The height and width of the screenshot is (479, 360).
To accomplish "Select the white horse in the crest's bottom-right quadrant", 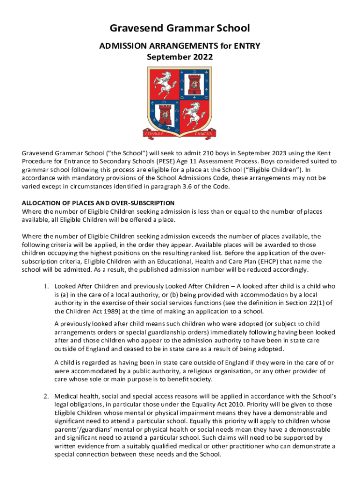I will [193, 112].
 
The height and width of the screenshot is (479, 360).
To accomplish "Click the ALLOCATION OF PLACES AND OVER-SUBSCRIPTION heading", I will [98, 203].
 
